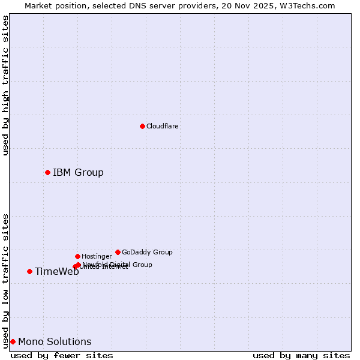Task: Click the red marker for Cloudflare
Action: tap(142, 126)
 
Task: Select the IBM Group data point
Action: tap(47, 172)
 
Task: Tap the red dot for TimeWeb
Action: tap(29, 271)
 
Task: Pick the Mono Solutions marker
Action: tap(13, 341)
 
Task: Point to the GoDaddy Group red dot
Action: tap(118, 252)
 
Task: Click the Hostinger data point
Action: tap(77, 256)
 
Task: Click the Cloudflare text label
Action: tap(163, 126)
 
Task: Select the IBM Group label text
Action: tap(78, 173)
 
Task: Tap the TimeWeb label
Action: tap(57, 272)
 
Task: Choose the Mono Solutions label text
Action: tap(55, 342)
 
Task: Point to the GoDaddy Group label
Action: tap(147, 252)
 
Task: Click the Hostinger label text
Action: tap(97, 256)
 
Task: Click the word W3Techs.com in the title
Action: tap(306, 5)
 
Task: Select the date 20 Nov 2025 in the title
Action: tap(248, 5)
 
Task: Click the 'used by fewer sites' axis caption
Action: tap(62, 355)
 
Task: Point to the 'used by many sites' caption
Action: tap(301, 355)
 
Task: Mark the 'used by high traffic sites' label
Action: tap(5, 85)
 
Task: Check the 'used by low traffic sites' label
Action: tap(5, 280)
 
